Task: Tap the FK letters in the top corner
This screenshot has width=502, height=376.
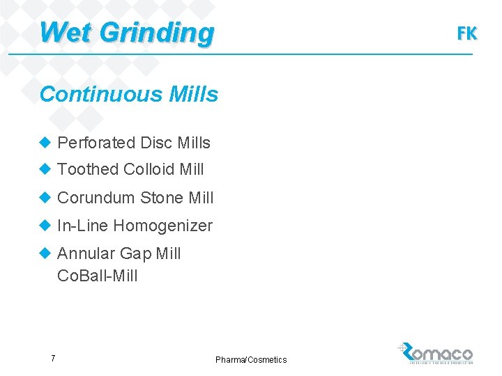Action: (466, 33)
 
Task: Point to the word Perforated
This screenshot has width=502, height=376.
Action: (96, 143)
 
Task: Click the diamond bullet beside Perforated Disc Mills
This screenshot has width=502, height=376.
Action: (46, 143)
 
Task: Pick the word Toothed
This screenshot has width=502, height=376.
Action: (88, 169)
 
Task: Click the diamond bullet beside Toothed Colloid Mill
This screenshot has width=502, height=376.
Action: (46, 169)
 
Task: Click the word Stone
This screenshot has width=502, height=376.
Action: (162, 198)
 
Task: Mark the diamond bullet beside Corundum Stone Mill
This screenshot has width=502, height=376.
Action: (46, 198)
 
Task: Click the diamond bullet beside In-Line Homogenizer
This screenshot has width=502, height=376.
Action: (46, 226)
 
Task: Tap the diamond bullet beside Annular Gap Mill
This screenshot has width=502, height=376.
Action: (46, 253)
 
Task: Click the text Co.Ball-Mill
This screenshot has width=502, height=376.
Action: (98, 276)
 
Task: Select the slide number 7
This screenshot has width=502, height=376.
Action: (53, 359)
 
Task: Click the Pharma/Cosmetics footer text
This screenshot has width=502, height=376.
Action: (251, 359)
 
